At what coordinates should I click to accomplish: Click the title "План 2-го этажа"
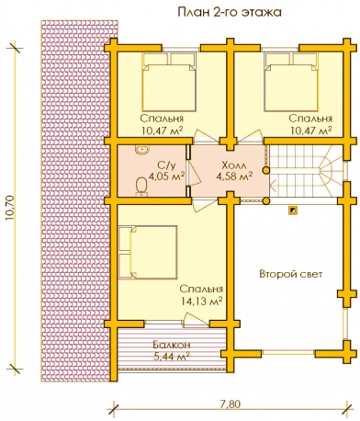pyautogui.click(x=230, y=13)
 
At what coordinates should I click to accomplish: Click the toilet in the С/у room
pyautogui.click(x=141, y=187)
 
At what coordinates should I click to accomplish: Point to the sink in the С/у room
pyautogui.click(x=141, y=149)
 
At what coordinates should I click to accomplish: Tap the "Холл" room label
pyautogui.click(x=234, y=165)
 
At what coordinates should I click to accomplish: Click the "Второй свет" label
pyautogui.click(x=291, y=274)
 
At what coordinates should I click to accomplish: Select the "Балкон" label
pyautogui.click(x=172, y=345)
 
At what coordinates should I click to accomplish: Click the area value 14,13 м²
pyautogui.click(x=201, y=302)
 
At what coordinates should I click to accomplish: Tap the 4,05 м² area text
pyautogui.click(x=166, y=176)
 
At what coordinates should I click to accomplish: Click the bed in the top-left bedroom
pyautogui.click(x=169, y=82)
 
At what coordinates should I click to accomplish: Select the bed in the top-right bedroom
pyautogui.click(x=291, y=82)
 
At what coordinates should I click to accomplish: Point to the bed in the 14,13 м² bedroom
pyautogui.click(x=148, y=253)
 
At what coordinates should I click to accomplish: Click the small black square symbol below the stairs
pyautogui.click(x=293, y=210)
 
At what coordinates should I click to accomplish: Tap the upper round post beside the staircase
pyautogui.click(x=266, y=170)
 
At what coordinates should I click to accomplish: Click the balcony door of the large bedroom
pyautogui.click(x=195, y=319)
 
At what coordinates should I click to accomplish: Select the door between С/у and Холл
pyautogui.click(x=194, y=173)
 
